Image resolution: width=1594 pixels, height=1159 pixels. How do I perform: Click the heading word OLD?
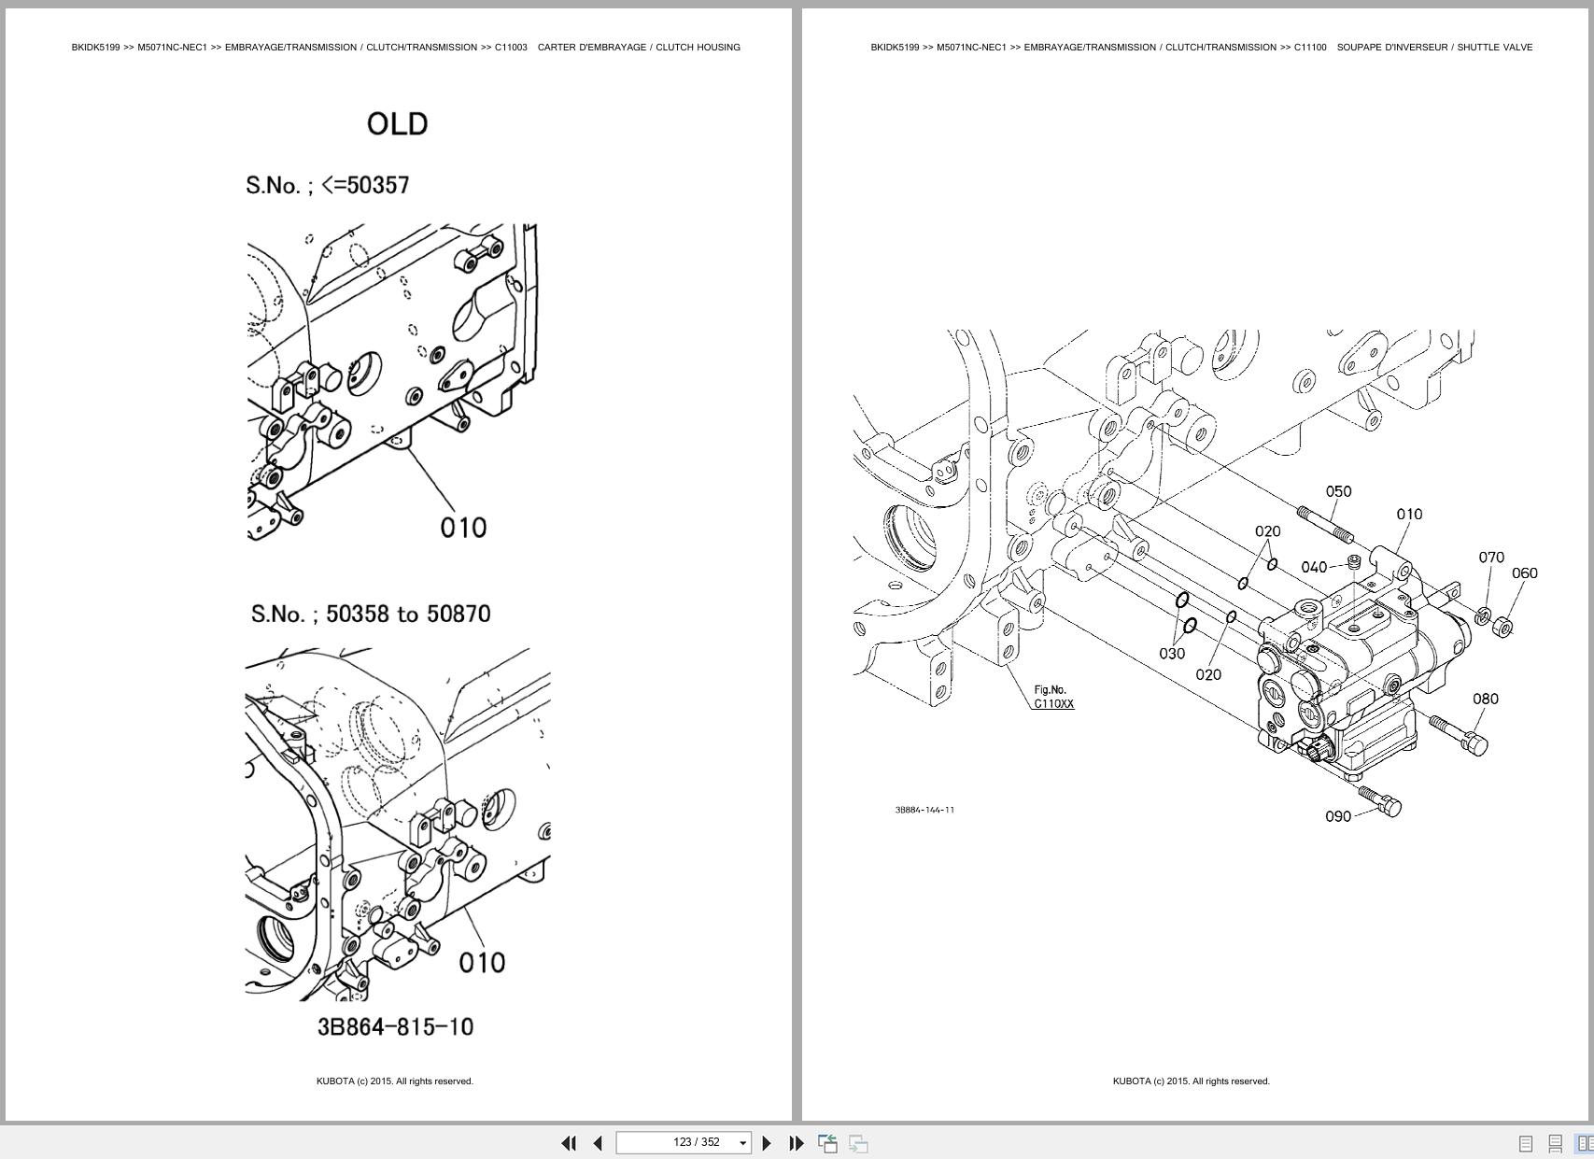point(397,124)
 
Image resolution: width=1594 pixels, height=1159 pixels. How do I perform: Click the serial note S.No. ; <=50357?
point(328,185)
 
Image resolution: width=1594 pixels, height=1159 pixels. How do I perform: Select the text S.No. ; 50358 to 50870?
point(371,614)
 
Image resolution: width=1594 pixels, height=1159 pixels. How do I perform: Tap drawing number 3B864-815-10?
point(395,1026)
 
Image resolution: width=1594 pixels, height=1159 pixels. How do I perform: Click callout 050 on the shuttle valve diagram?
point(1338,491)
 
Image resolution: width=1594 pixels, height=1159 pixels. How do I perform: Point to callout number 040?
point(1313,567)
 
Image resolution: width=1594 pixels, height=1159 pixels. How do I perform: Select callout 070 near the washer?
point(1490,558)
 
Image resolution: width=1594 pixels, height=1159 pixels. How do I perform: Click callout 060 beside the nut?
point(1523,573)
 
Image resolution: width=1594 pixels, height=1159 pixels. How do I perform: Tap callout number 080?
point(1485,699)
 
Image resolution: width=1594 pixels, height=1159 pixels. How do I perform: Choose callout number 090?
point(1337,816)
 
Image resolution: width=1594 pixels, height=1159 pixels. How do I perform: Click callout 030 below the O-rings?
point(1171,654)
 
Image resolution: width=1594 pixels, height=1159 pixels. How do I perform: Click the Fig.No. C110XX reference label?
point(1052,697)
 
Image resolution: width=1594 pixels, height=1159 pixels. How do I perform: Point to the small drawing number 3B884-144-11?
point(924,810)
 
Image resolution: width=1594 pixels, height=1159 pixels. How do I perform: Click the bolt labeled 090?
point(1381,801)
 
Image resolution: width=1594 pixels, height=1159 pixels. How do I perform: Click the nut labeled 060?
point(1502,627)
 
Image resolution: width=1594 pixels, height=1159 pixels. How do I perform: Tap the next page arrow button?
point(767,1143)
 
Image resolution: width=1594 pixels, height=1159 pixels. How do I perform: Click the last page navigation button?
point(797,1143)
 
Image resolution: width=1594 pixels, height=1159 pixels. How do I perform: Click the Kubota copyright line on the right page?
point(1191,1081)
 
